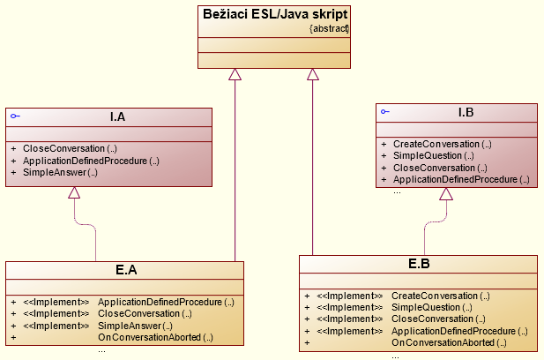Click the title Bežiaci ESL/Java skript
pyautogui.click(x=273, y=15)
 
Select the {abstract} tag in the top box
pyautogui.click(x=330, y=28)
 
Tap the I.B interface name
pyautogui.click(x=466, y=112)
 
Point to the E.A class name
pyautogui.click(x=126, y=269)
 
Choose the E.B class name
pyautogui.click(x=419, y=263)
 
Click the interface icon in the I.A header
pyautogui.click(x=14, y=116)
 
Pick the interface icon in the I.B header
pyautogui.click(x=385, y=112)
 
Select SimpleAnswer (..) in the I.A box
pyautogui.click(x=60, y=173)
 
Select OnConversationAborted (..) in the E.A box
pyautogui.click(x=155, y=338)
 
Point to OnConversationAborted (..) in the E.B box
pyautogui.click(x=449, y=343)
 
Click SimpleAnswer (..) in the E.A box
pyautogui.click(x=135, y=326)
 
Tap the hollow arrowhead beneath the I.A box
pyautogui.click(x=75, y=193)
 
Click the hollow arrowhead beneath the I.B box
pyautogui.click(x=446, y=194)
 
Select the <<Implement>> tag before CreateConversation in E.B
pyautogui.click(x=350, y=296)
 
